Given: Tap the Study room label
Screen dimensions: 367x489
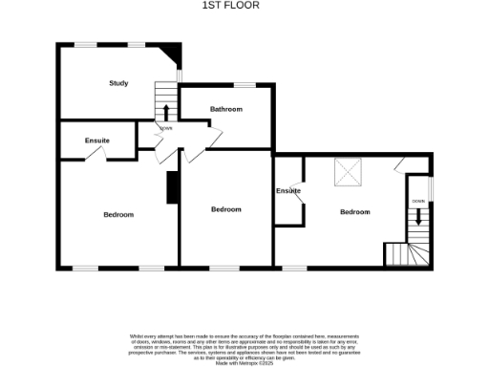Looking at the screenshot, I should click(118, 83).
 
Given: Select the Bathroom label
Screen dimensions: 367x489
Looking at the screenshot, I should click(226, 110).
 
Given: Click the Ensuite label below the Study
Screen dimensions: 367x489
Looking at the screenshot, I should click(96, 141).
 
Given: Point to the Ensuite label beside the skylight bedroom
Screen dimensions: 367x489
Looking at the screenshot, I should click(288, 191).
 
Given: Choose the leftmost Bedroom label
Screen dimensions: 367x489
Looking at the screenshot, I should click(118, 215).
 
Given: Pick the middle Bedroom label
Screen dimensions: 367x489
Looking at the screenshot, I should click(226, 209).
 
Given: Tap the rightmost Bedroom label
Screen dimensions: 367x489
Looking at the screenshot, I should click(354, 211).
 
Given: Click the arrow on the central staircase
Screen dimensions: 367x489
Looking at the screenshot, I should click(167, 110).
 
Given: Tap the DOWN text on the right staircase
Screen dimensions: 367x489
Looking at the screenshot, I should click(418, 202).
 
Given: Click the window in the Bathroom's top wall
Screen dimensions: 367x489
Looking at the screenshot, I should click(245, 86).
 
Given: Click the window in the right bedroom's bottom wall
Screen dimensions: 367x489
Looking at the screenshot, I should click(294, 267).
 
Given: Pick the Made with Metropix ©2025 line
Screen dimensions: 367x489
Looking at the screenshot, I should click(244, 363).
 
